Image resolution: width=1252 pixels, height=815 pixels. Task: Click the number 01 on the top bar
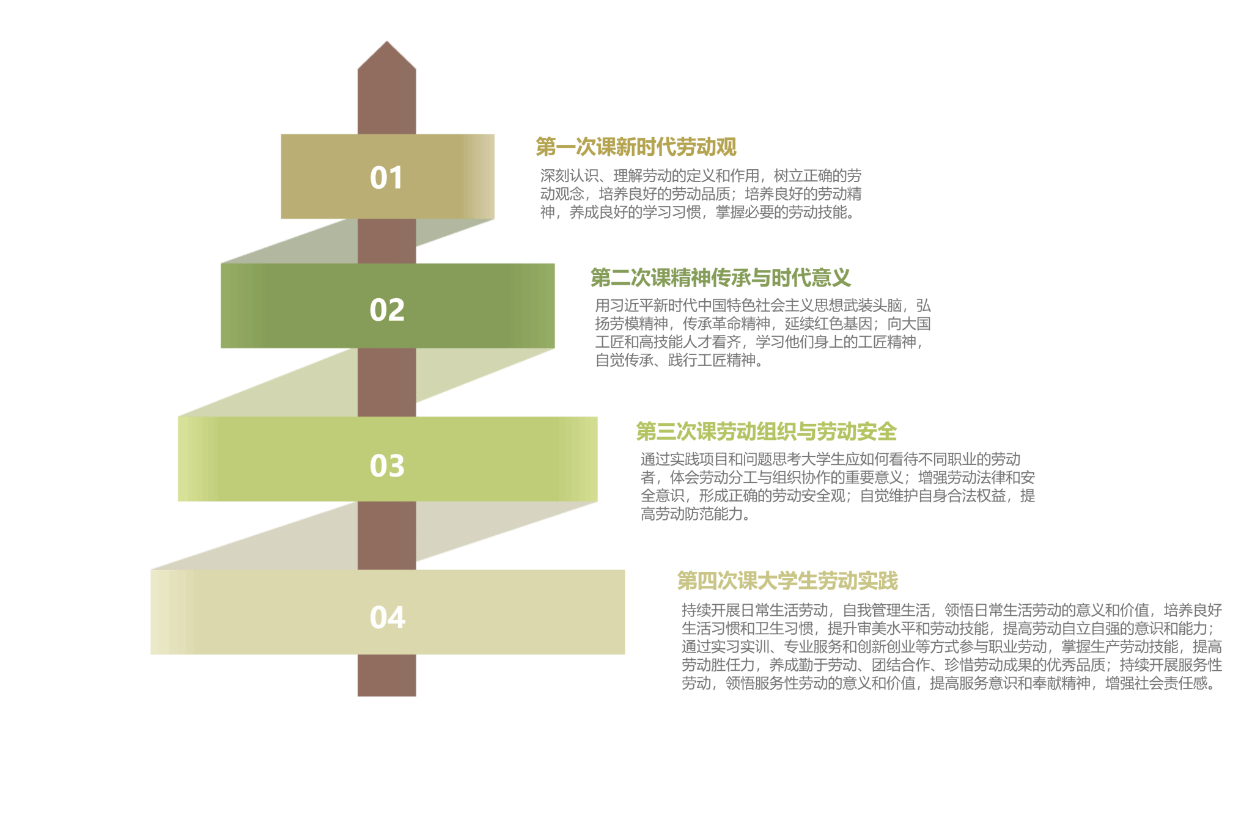[x=386, y=178]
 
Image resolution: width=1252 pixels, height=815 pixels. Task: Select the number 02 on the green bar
[x=387, y=310]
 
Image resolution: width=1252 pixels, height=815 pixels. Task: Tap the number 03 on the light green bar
[x=387, y=466]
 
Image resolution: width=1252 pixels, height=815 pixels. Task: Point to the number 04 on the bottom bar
[x=387, y=617]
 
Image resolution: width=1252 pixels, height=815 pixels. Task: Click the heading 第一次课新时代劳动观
[x=636, y=147]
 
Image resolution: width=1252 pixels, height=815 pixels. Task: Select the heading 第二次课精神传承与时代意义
[x=720, y=278]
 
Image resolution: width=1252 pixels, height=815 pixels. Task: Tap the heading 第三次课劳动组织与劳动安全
[x=766, y=431]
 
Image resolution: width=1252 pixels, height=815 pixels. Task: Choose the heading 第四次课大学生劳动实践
[x=787, y=580]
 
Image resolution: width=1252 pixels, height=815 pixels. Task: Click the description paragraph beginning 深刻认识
[x=701, y=194]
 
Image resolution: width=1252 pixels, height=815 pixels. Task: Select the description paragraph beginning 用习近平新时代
[x=762, y=332]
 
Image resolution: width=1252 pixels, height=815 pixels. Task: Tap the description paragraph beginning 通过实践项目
[x=838, y=486]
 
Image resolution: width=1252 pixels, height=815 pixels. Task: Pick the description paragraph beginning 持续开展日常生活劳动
[x=951, y=646]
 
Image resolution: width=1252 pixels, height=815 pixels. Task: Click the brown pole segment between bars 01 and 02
[x=387, y=241]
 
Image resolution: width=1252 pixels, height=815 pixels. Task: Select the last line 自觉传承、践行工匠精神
[x=679, y=360]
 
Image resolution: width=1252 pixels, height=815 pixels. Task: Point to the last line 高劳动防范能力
[x=694, y=514]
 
